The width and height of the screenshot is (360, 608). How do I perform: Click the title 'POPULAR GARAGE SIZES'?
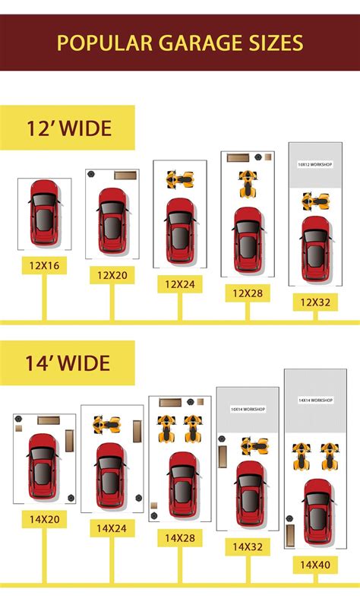coord(179,42)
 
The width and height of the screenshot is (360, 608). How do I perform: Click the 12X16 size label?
coord(45,264)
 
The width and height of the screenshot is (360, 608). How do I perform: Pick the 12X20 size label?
coord(112,274)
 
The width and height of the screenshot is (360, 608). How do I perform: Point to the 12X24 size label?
coord(180,284)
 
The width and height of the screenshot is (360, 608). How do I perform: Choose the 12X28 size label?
coord(248,293)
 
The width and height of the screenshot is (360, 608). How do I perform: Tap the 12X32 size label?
coord(315,302)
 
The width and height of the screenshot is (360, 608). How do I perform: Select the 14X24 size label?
coord(112,527)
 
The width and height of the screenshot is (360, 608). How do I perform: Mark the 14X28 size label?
coord(180,537)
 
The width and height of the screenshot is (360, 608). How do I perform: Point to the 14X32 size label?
coord(248,546)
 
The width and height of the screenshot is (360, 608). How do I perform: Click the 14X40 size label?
coord(315,565)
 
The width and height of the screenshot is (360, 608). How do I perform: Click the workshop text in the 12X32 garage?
coord(315,163)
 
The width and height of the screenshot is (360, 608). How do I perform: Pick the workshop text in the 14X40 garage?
coord(315,400)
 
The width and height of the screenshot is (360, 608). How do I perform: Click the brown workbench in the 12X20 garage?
coord(124,176)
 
